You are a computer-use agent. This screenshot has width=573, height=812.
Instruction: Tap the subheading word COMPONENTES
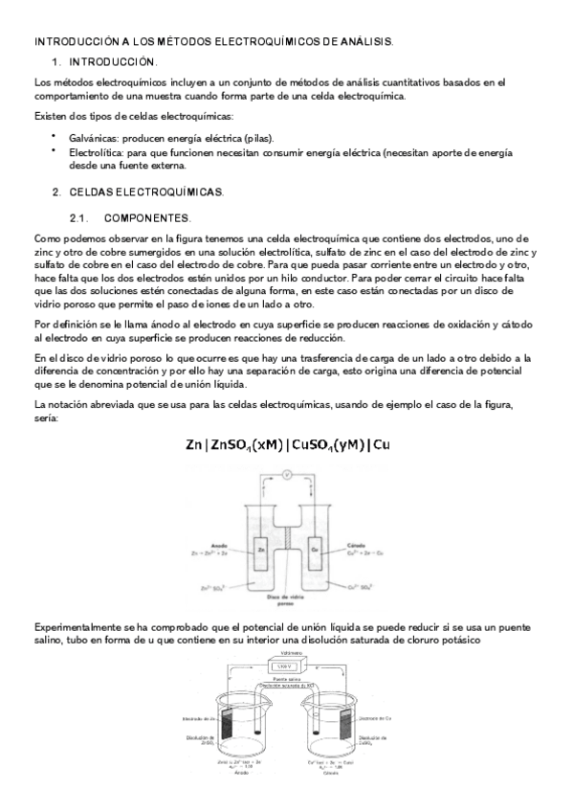147,218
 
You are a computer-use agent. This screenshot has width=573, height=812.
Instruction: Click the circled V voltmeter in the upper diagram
285,474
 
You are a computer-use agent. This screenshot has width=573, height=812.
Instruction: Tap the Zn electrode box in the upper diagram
260,550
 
